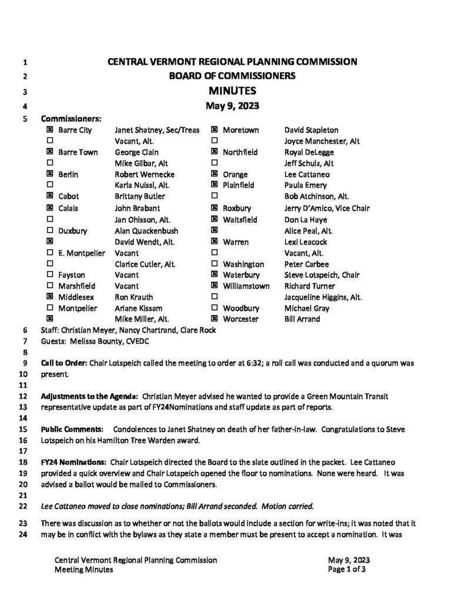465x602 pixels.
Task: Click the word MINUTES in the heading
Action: click(x=232, y=91)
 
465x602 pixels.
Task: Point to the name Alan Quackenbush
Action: click(x=147, y=230)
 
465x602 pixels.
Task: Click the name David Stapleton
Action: click(x=311, y=130)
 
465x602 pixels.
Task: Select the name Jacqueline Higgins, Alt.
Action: click(x=323, y=297)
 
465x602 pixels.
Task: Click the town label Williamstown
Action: click(x=246, y=286)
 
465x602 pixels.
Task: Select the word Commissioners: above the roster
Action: click(x=71, y=118)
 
